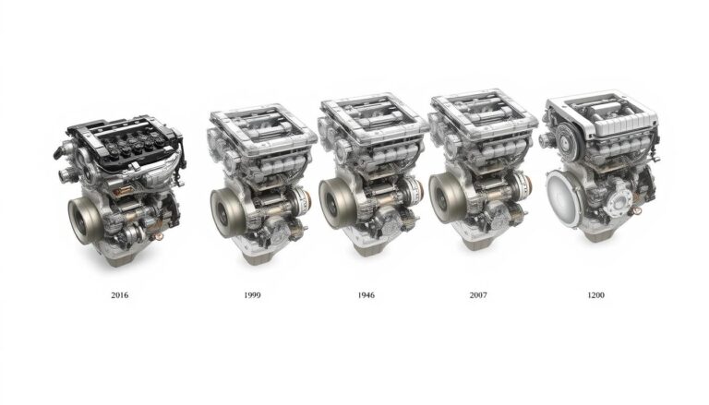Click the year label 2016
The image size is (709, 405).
[120, 295]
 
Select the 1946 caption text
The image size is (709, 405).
[365, 295]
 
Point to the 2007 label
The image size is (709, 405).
[477, 295]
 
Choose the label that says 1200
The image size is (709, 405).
[596, 295]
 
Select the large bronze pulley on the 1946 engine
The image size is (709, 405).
[337, 200]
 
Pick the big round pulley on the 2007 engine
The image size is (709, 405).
[447, 196]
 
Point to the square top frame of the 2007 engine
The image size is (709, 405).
[482, 111]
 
